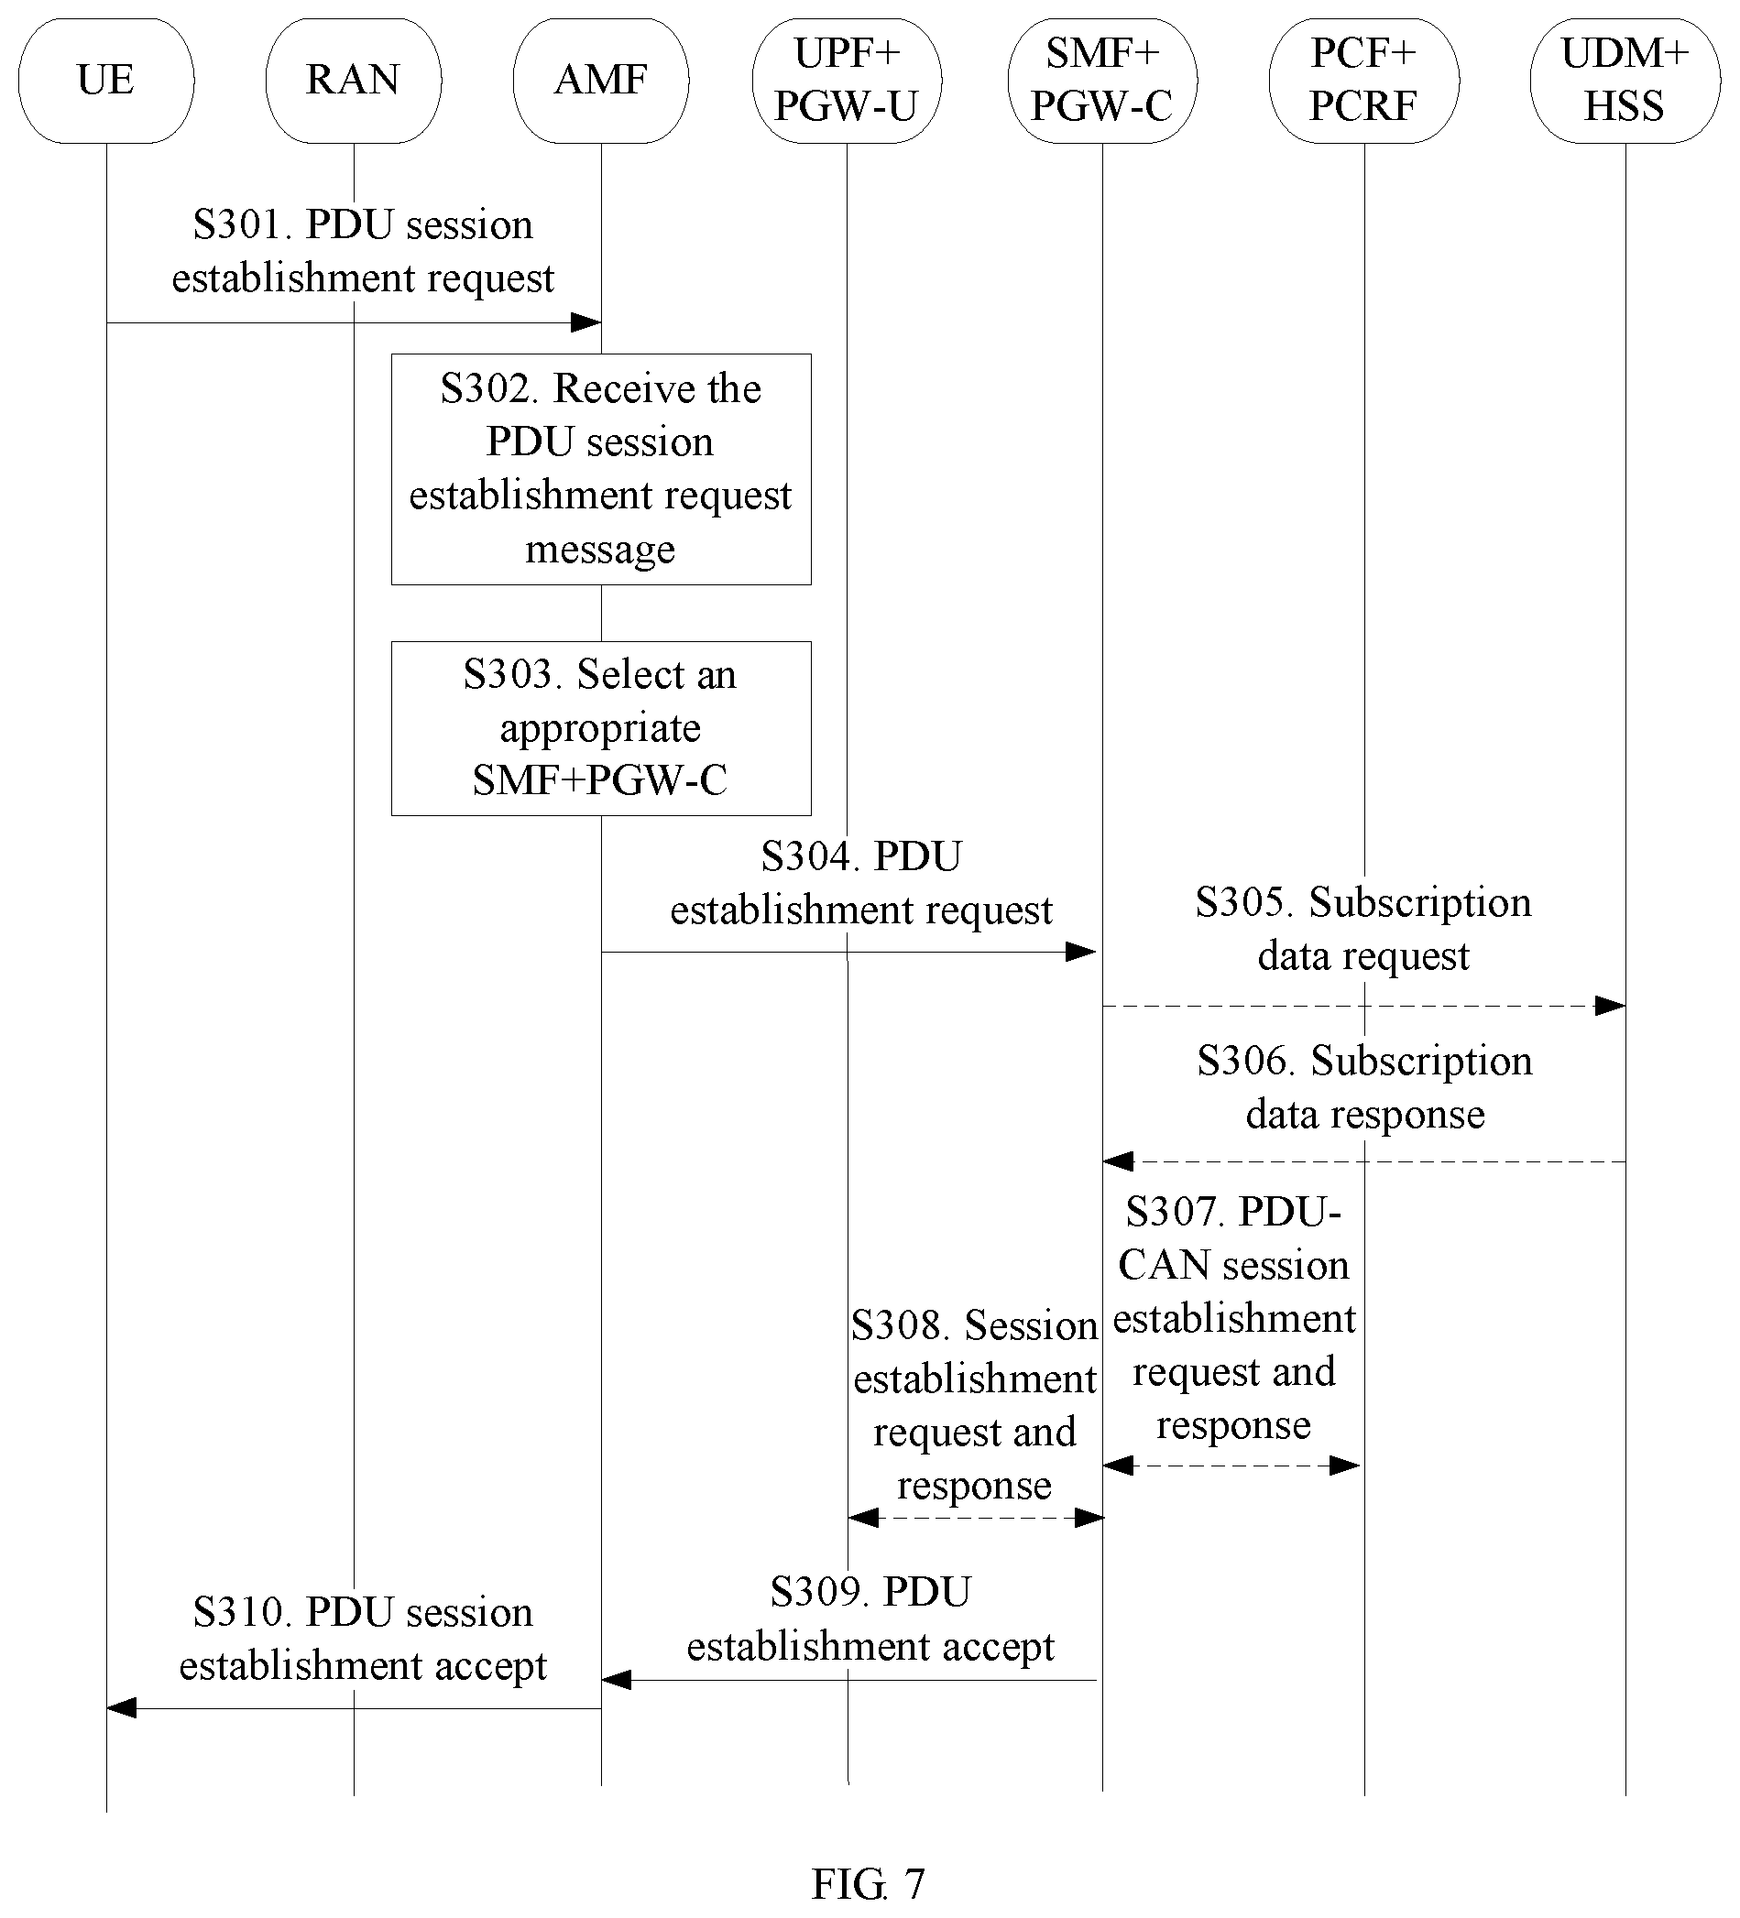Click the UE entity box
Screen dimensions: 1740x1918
(x=105, y=81)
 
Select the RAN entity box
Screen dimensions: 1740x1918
(x=353, y=81)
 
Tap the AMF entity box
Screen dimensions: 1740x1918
(x=601, y=81)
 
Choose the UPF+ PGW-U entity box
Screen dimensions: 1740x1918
(x=848, y=81)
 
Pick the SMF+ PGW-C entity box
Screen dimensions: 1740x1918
(x=1102, y=81)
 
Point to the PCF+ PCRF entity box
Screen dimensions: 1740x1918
(x=1364, y=81)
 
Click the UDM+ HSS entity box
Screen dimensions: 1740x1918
(x=1625, y=81)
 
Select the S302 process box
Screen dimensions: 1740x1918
(x=601, y=469)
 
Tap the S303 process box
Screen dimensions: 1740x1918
(x=601, y=728)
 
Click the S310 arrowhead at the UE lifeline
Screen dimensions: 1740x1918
(x=121, y=1708)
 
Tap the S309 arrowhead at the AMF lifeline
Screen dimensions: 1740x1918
(x=616, y=1680)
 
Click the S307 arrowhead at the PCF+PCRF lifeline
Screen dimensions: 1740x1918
(x=1345, y=1466)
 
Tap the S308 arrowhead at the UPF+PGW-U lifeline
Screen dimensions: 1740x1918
(x=863, y=1518)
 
